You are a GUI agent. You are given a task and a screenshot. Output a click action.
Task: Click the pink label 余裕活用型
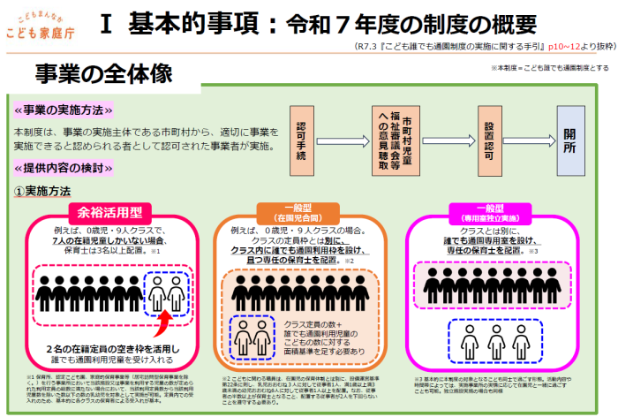(x=110, y=211)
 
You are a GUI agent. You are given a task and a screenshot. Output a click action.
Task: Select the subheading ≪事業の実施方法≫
(x=64, y=110)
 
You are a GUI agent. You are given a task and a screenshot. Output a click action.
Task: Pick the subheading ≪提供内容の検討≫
(x=64, y=168)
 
